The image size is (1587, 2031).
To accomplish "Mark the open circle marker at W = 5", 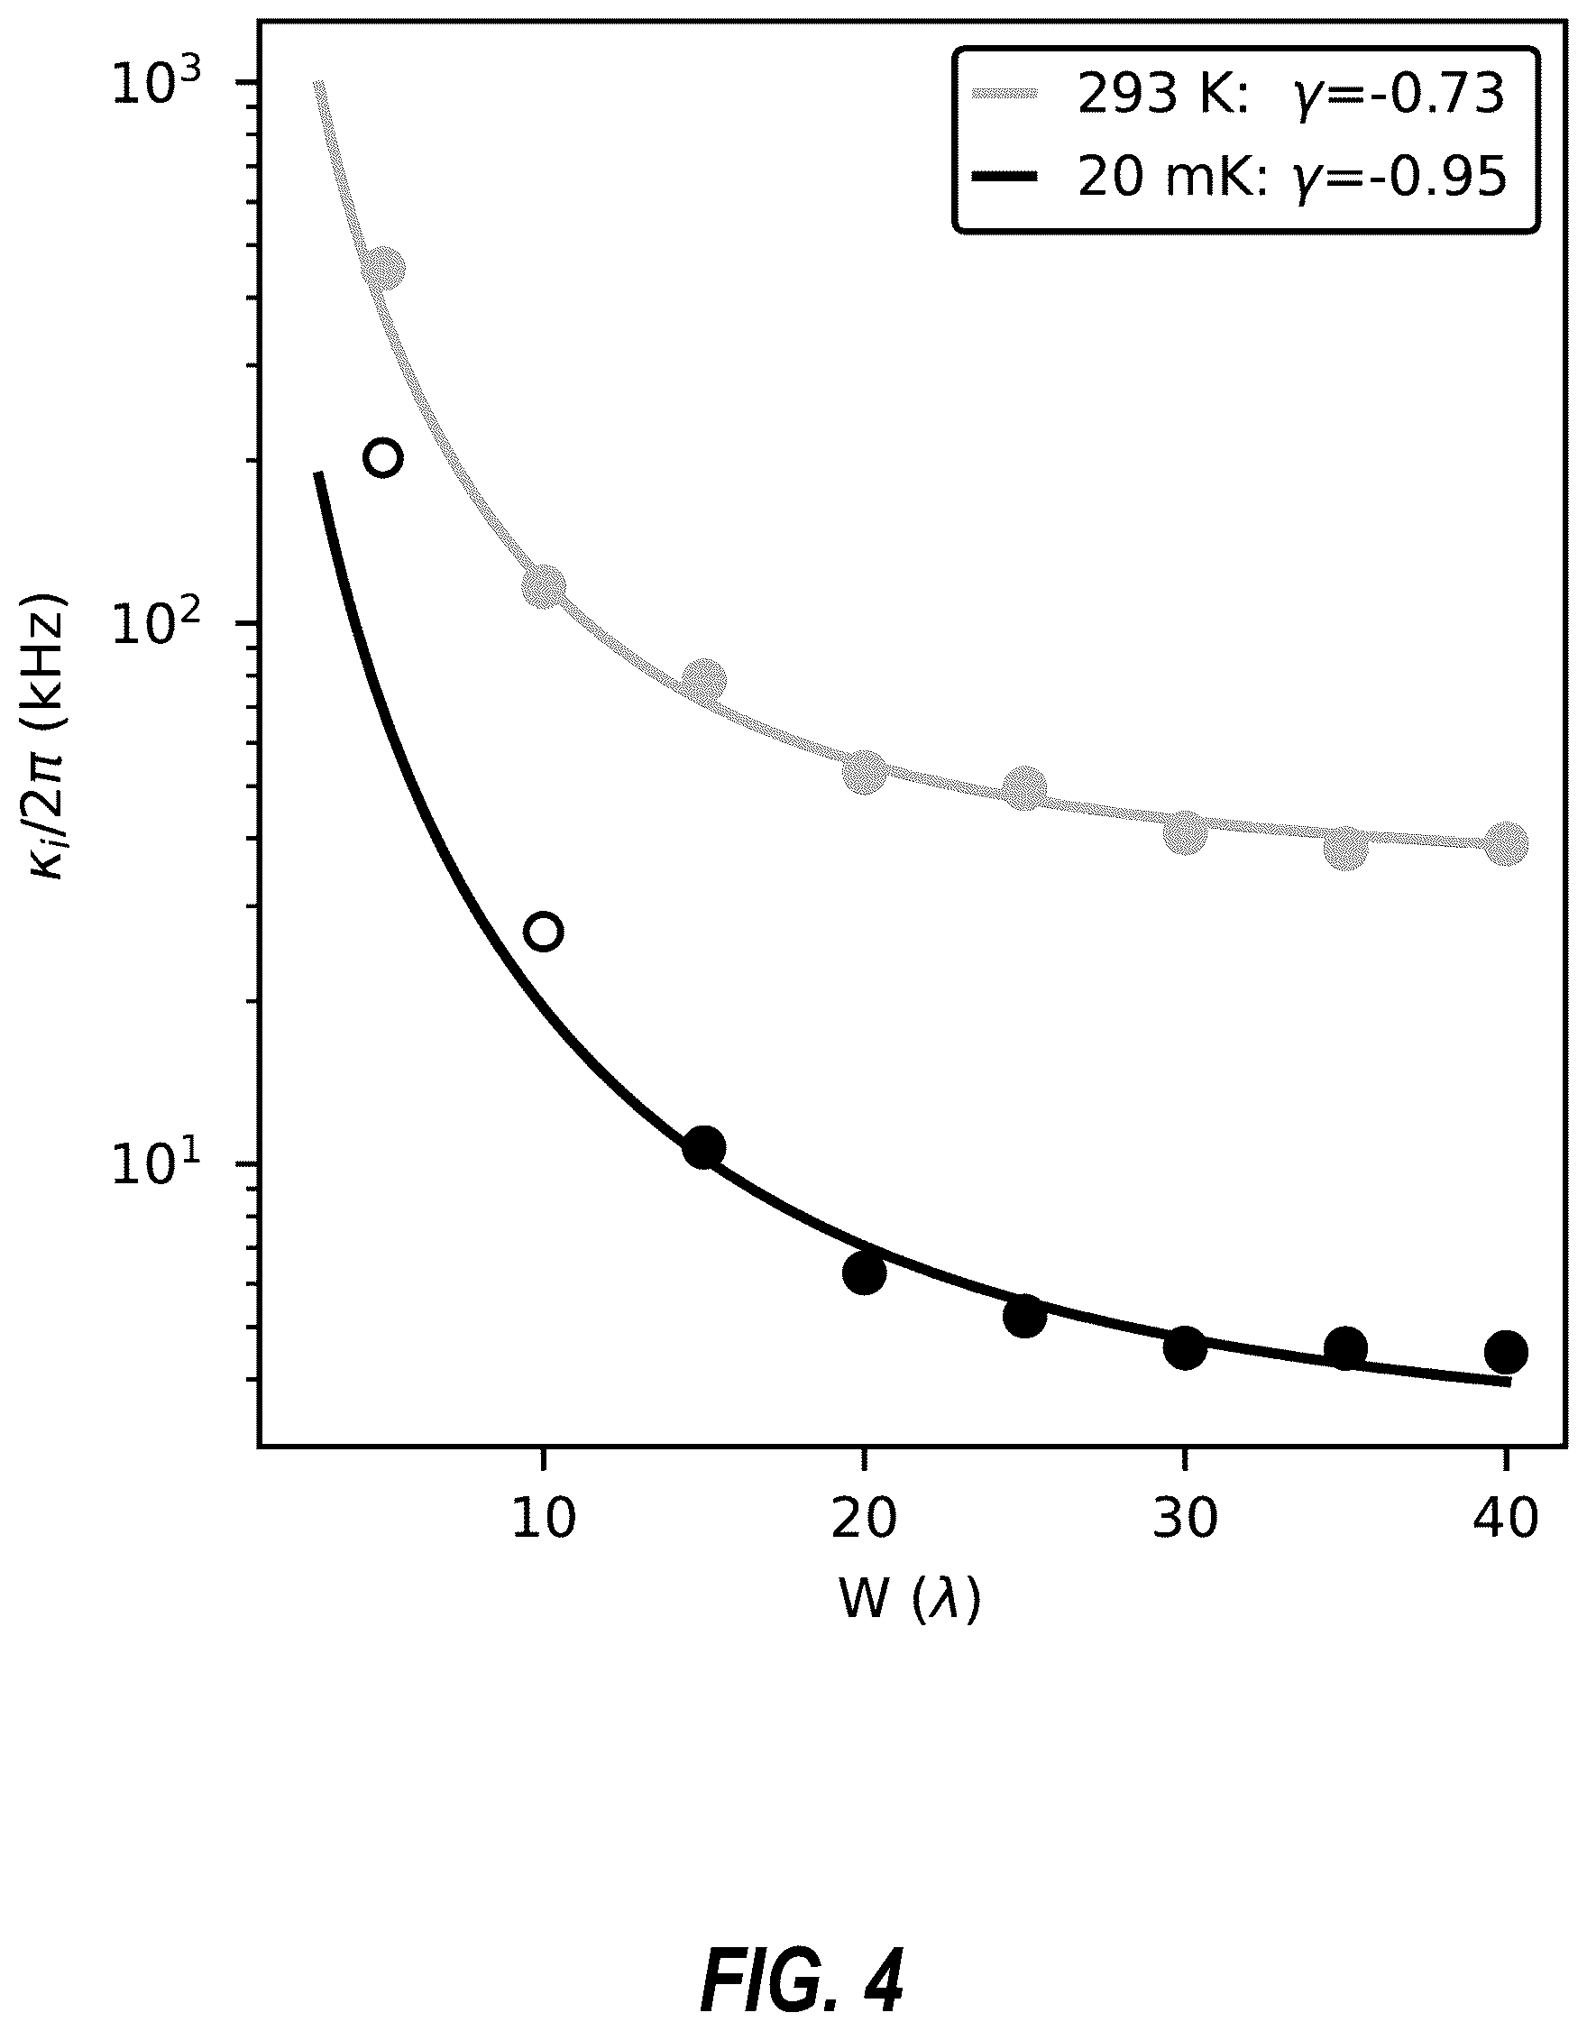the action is point(383,457).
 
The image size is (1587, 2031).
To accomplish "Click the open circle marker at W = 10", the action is point(544,931).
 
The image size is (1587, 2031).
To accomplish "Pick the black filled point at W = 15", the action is point(704,1148).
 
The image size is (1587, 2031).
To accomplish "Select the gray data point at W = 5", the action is point(383,269).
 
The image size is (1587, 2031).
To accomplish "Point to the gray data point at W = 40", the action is point(1506,843).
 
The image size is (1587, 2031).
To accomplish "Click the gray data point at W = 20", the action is point(865,771).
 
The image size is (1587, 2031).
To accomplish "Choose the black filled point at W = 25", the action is point(1024,1316).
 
